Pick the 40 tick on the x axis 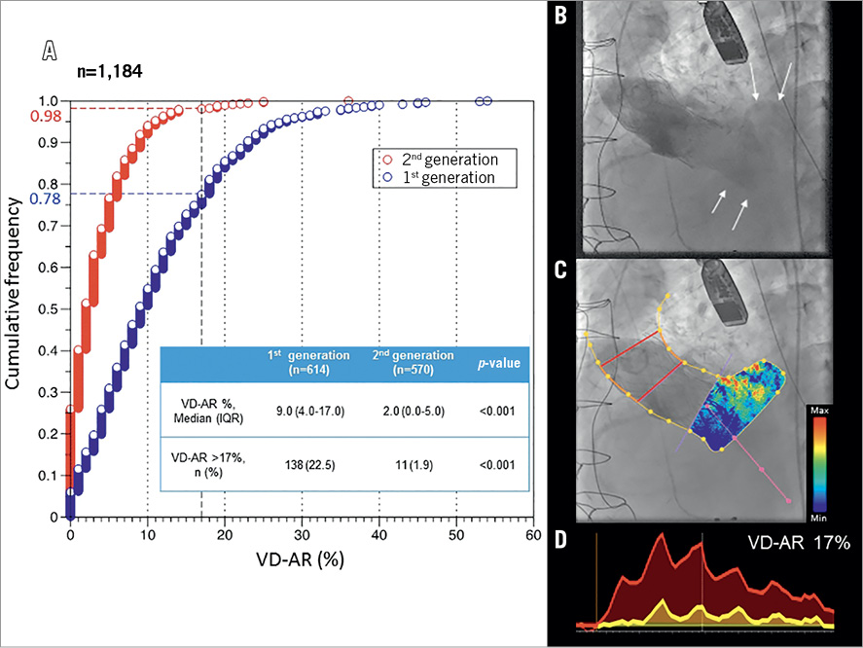click(379, 535)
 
